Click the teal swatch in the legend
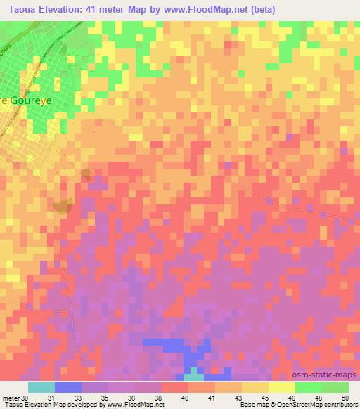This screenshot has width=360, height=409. (x=41, y=387)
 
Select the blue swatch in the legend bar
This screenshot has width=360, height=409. (x=68, y=387)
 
